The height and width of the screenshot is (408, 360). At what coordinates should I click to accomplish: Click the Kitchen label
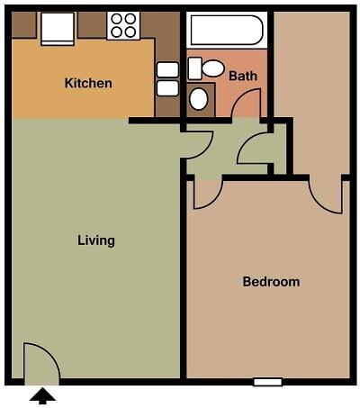88,84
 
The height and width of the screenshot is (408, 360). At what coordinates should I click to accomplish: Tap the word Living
96,240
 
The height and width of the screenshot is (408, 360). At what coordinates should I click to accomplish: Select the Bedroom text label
271,282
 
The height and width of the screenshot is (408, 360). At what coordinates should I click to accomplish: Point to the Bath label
242,76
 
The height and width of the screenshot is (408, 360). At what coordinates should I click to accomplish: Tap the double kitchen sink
168,78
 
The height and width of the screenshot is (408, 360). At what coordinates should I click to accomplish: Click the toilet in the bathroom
208,68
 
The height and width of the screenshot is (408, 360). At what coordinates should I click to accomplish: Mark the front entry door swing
39,362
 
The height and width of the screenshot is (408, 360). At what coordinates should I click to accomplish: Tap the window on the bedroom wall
267,382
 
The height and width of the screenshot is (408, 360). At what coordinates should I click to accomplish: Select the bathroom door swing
246,104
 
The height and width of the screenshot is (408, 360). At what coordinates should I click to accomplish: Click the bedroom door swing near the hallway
207,192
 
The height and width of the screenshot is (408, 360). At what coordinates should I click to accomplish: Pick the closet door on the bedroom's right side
326,195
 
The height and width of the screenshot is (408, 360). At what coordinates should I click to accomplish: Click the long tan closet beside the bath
311,90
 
